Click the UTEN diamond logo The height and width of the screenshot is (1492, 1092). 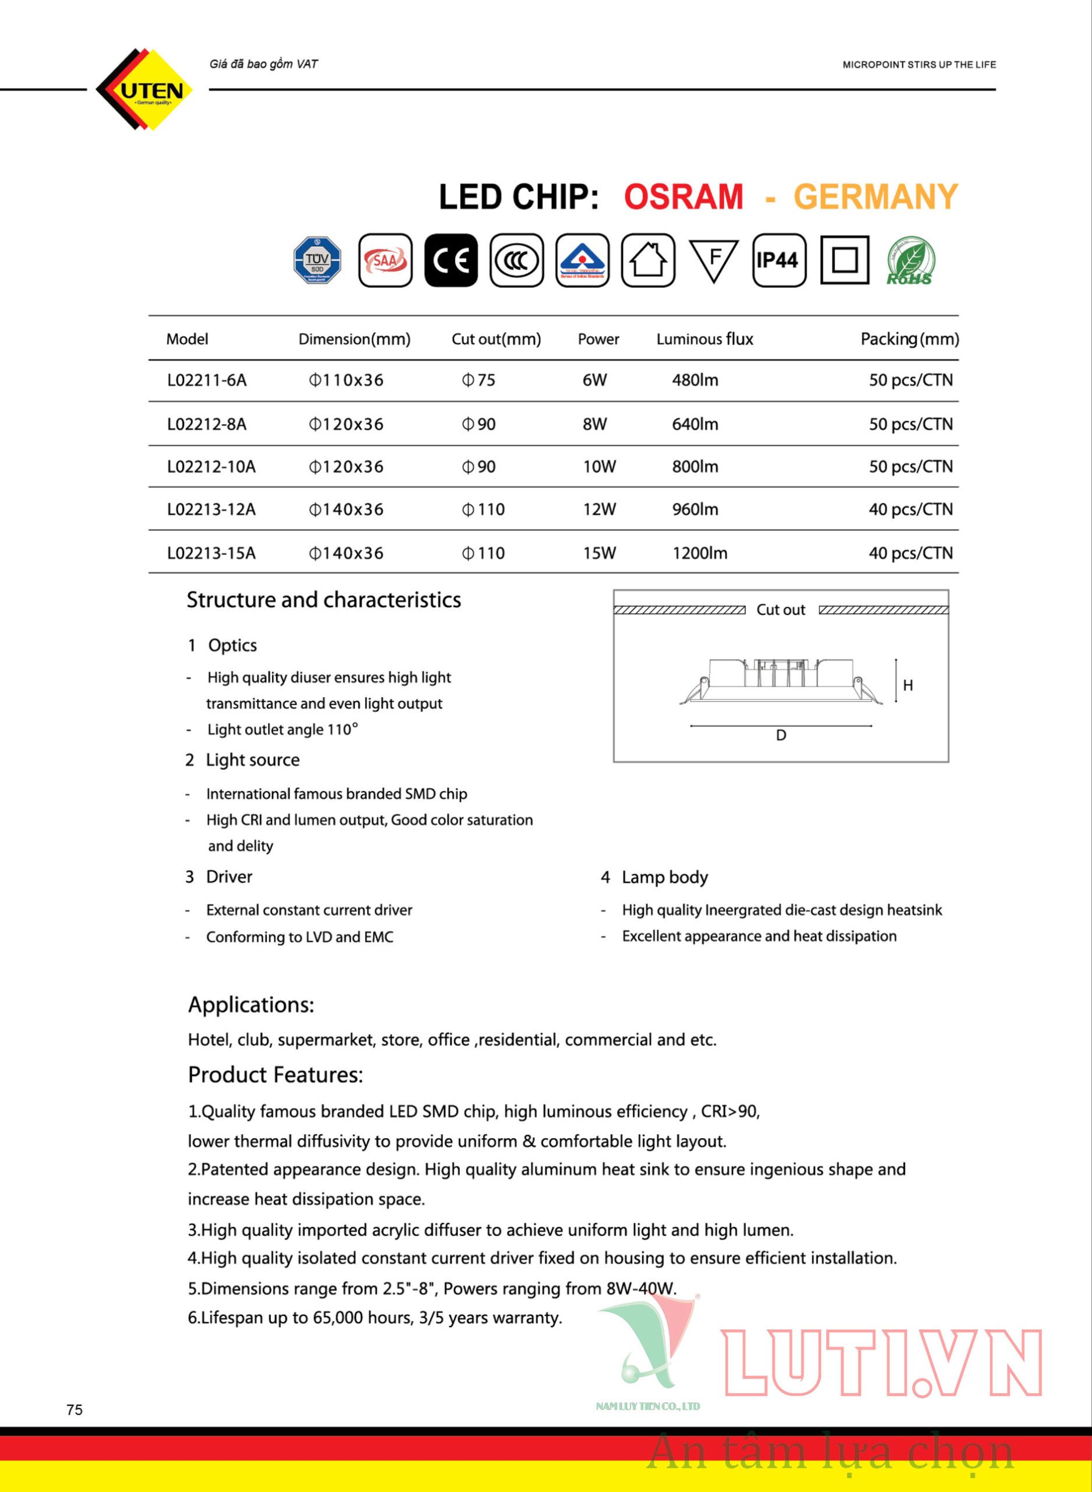click(145, 89)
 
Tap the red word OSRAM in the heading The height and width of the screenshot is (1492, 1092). click(684, 197)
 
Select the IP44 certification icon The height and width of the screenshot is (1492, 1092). click(779, 260)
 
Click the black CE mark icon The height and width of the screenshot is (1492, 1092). click(451, 260)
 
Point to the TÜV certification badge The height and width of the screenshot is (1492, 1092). click(318, 260)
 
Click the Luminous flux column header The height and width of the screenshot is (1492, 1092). click(704, 339)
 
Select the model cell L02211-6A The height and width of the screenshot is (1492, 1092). click(207, 380)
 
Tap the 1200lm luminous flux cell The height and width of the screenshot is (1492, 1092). click(699, 553)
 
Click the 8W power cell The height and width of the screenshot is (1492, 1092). click(594, 424)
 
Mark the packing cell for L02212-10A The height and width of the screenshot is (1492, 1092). click(910, 467)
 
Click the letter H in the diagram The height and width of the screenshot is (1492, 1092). click(908, 685)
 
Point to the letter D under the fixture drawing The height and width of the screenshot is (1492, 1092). click(781, 736)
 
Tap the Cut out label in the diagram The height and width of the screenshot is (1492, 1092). click(781, 610)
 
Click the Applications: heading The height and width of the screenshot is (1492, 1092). click(251, 1005)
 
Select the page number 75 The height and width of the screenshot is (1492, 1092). click(75, 1409)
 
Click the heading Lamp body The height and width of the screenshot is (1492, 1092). click(664, 877)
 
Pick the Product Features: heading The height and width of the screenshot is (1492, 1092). click(276, 1075)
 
